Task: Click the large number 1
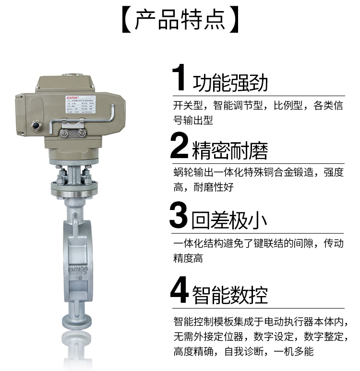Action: pos(179,78)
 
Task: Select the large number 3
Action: pos(179,216)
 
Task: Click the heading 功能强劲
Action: pos(230,83)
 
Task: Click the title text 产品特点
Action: pos(180,20)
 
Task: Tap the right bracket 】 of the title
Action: pos(234,20)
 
